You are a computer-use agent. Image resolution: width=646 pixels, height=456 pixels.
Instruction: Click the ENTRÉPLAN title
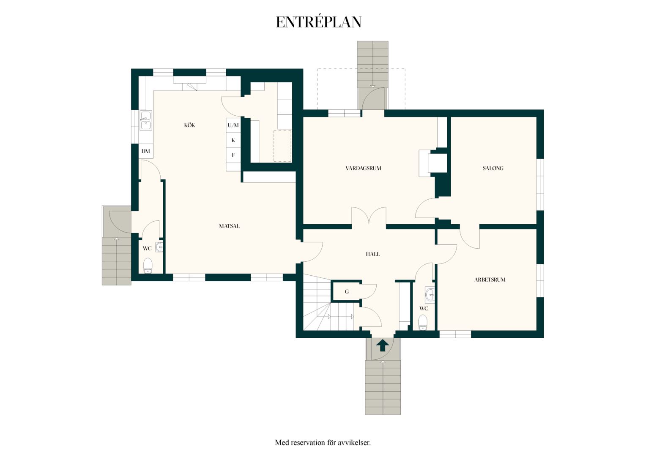[319, 22]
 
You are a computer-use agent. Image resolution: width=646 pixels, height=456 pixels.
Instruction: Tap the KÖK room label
[189, 125]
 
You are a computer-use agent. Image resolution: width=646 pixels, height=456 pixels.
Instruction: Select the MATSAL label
[229, 226]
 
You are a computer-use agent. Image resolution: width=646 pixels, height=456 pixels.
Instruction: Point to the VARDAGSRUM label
[364, 168]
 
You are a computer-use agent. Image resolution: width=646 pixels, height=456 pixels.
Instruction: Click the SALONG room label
[493, 168]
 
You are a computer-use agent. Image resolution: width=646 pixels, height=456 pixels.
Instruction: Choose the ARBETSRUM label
[490, 280]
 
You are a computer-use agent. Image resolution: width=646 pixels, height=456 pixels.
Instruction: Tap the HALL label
[372, 254]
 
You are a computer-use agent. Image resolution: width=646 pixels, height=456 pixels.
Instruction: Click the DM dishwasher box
[145, 151]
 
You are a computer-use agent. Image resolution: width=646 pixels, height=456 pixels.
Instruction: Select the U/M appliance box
[233, 125]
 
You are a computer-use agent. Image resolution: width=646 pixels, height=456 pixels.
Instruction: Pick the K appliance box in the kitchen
[233, 140]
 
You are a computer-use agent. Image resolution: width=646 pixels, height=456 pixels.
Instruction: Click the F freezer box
[233, 155]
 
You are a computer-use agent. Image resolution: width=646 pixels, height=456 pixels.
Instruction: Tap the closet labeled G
[346, 291]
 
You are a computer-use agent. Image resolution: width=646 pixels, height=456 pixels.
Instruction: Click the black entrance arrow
[383, 345]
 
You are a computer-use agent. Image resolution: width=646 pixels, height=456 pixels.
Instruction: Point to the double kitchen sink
[145, 120]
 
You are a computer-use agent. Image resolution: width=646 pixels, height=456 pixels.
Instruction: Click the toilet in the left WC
[148, 265]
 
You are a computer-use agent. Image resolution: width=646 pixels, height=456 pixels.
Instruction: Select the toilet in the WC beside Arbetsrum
[422, 322]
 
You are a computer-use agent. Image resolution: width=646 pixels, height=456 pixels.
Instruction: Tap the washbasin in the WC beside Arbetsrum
[430, 294]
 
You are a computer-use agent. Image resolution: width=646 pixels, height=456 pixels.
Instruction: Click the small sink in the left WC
[159, 247]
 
